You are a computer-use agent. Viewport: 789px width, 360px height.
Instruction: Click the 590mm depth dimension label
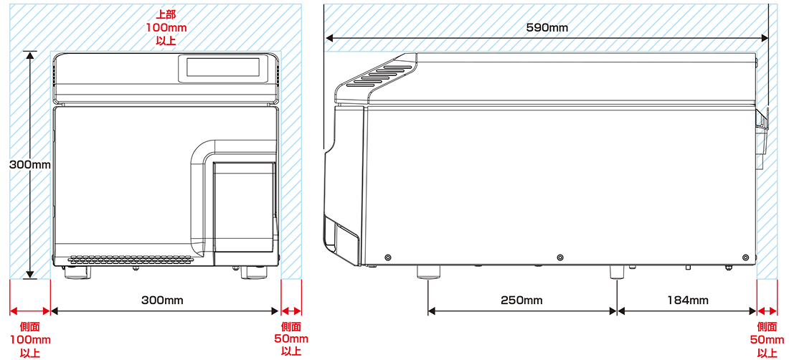547,28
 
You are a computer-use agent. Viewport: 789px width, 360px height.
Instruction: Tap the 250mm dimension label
521,300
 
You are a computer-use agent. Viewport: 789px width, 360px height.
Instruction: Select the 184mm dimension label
688,300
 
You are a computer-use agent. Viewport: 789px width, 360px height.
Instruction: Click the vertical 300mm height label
30,164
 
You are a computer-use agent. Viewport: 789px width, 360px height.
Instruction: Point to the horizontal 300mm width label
162,300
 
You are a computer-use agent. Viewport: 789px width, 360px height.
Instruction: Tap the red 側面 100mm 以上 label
29,340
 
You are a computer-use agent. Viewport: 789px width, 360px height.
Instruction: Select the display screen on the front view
223,67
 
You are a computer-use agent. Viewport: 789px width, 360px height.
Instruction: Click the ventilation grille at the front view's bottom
131,260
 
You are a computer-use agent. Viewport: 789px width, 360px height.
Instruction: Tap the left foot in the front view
77,273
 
